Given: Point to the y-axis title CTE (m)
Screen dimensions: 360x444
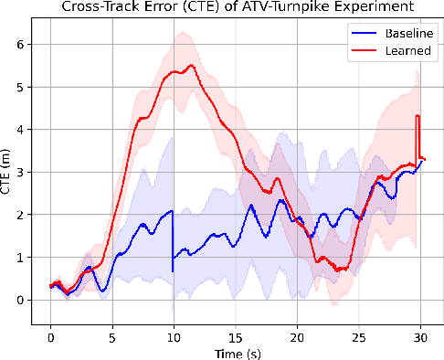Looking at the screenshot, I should pyautogui.click(x=8, y=171).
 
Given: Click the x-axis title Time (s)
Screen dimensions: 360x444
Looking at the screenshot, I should pyautogui.click(x=234, y=352).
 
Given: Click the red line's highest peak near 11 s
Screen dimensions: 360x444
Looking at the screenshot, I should pyautogui.click(x=191, y=66).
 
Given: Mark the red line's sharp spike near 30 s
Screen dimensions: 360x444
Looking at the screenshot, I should pyautogui.click(x=418, y=116).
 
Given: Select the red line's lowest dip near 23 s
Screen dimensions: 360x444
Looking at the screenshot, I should pyautogui.click(x=338, y=270).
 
